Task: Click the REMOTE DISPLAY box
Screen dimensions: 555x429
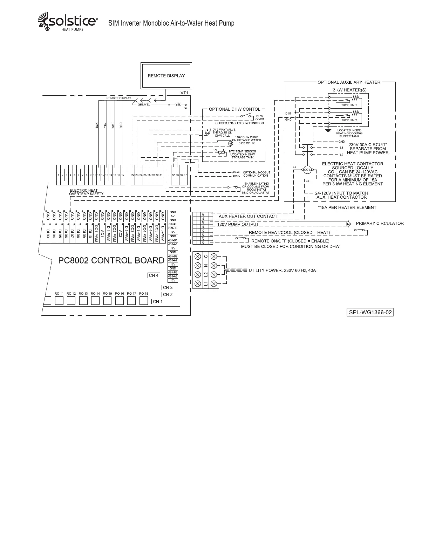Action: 166,76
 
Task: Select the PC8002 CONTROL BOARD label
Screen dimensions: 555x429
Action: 111,261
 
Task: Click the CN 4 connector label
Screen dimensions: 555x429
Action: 154,275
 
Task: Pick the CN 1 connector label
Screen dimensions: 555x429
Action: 157,301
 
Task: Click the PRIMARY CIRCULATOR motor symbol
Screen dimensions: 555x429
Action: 348,224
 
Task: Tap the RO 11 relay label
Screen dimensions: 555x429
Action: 59,294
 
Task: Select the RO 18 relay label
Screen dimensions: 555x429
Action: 144,294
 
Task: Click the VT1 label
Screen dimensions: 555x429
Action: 184,93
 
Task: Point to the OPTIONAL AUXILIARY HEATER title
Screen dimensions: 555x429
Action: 349,82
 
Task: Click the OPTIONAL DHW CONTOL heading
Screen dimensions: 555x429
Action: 234,109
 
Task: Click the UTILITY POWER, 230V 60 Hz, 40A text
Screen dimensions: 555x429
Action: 282,270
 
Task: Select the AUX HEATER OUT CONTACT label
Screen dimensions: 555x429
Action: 248,217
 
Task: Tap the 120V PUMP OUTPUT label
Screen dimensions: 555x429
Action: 238,224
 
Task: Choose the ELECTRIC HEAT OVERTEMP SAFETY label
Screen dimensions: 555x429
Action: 86,192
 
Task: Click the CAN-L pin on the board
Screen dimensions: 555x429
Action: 173,224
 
